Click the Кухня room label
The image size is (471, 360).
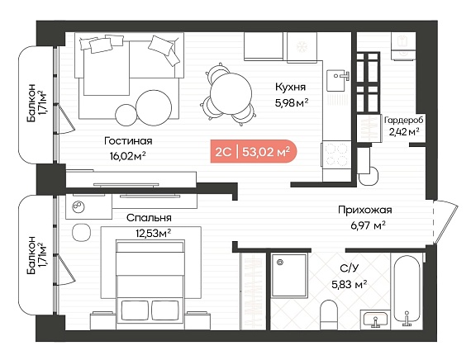(x=291, y=88)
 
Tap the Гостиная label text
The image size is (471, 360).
(x=128, y=141)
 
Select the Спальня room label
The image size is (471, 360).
(x=149, y=218)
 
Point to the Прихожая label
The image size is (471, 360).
(x=365, y=210)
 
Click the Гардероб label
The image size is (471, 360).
(x=404, y=121)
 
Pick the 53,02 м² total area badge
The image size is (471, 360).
(x=254, y=152)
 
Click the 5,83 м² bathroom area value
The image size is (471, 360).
(x=350, y=284)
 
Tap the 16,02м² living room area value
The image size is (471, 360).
(x=128, y=155)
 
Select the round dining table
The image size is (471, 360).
(x=231, y=93)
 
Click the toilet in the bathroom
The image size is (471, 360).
(x=329, y=315)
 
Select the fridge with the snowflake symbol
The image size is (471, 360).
(x=302, y=48)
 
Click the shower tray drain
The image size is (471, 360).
(x=281, y=262)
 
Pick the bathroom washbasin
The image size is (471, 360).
(x=375, y=320)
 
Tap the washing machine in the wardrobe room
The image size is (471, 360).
(x=403, y=46)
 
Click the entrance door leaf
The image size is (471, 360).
(x=445, y=223)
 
